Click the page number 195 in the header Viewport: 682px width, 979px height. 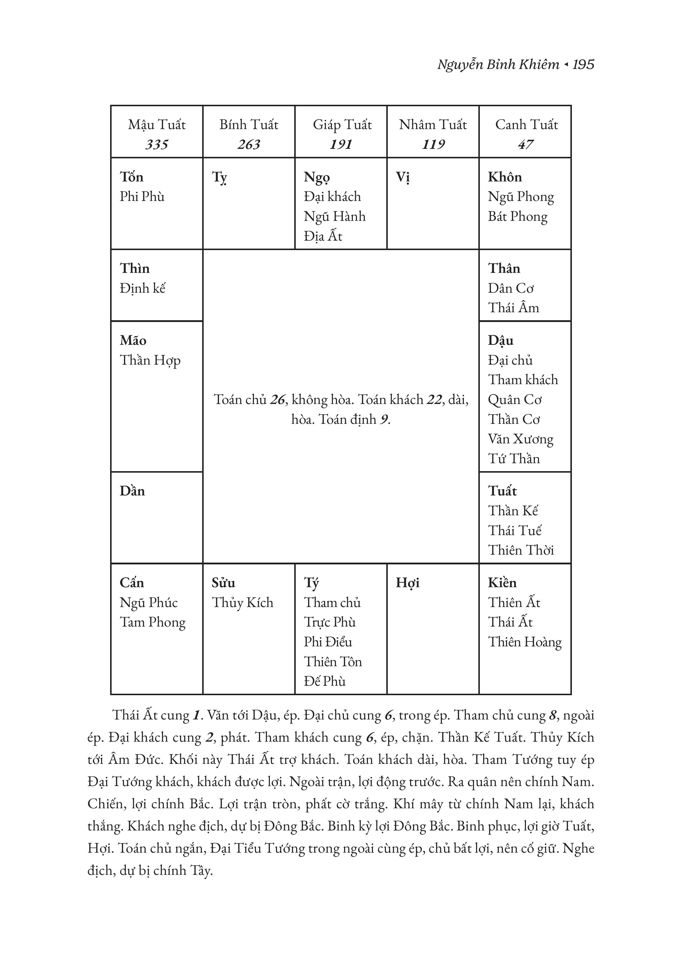[x=583, y=65]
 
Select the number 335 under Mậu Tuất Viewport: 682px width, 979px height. [x=157, y=144]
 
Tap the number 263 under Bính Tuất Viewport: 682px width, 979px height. [x=249, y=144]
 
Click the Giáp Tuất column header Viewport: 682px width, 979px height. [x=342, y=125]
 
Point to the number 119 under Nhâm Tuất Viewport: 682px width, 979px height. [x=433, y=144]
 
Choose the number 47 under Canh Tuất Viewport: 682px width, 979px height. [x=525, y=144]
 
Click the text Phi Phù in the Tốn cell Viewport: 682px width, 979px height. [x=142, y=197]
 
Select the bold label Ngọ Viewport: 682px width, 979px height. [x=317, y=177]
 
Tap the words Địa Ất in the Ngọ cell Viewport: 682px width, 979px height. [x=323, y=236]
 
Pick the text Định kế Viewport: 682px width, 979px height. [x=142, y=288]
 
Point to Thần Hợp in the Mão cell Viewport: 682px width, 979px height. [x=150, y=360]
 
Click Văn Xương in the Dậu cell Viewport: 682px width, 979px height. [x=520, y=439]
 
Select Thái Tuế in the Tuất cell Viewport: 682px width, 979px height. [x=515, y=530]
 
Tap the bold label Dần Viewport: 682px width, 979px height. [x=132, y=491]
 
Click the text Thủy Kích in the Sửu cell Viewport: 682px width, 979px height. [x=242, y=603]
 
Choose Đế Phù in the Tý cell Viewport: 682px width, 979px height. [x=325, y=681]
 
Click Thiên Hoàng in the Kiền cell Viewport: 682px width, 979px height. [x=525, y=642]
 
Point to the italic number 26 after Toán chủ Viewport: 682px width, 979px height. [x=278, y=400]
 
